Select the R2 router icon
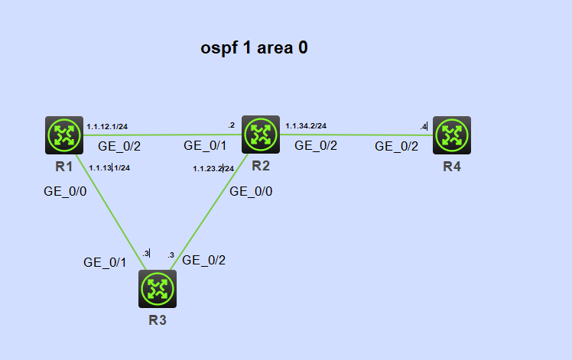click(x=261, y=135)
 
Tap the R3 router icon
click(x=158, y=288)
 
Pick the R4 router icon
click(x=452, y=135)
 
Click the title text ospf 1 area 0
click(x=254, y=48)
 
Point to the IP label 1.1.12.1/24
click(x=107, y=126)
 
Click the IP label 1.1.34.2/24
click(x=306, y=126)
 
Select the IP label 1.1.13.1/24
click(x=109, y=167)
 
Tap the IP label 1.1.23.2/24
click(x=213, y=168)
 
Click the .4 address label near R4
click(x=423, y=126)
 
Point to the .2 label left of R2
click(x=231, y=125)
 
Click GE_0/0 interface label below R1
click(x=65, y=191)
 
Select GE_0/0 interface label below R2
click(x=252, y=191)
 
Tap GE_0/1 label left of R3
click(x=105, y=262)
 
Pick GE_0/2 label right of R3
click(x=203, y=260)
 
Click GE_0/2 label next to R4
click(x=396, y=147)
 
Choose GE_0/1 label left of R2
click(x=205, y=145)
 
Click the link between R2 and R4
click(x=356, y=135)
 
